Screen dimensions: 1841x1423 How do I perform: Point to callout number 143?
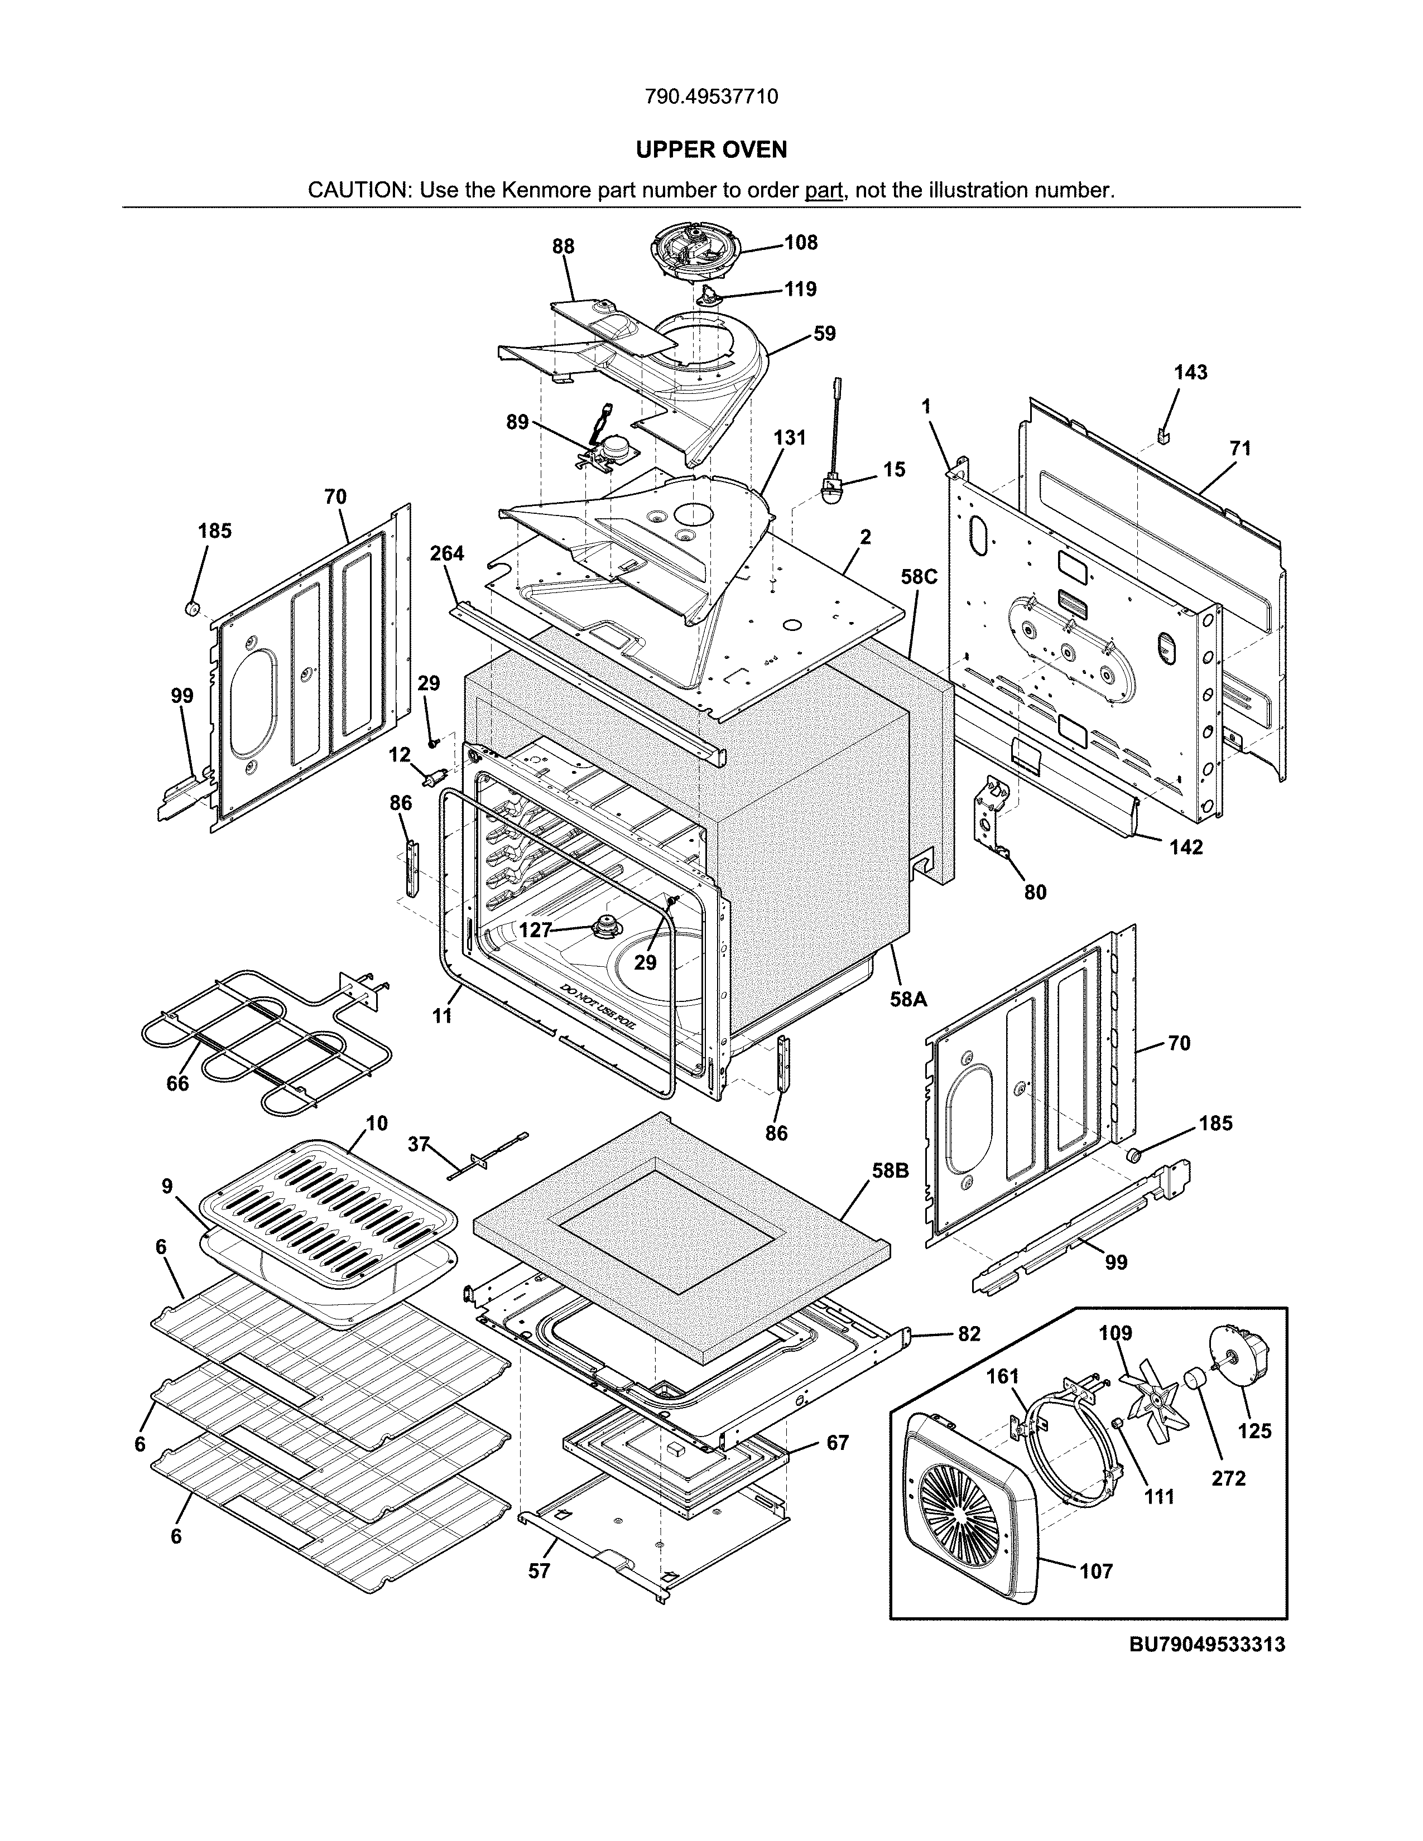(1190, 373)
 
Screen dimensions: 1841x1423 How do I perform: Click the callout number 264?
(447, 554)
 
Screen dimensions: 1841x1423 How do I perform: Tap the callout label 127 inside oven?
(535, 930)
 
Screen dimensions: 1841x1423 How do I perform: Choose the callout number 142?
(1185, 847)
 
